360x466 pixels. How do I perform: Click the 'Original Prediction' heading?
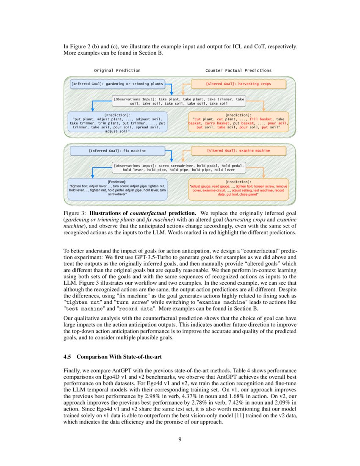pos(117,70)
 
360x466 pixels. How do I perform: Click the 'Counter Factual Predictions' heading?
pos(238,70)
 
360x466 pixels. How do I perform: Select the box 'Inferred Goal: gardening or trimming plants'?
pos(117,84)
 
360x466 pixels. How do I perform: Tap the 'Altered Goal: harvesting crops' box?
pos(238,84)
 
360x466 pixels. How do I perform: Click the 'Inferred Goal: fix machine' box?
pos(117,150)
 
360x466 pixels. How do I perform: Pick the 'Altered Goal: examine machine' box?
pos(238,150)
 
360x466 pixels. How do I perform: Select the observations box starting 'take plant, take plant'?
pos(179,101)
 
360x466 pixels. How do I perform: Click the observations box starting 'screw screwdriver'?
pos(179,167)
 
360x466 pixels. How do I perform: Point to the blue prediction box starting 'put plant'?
pos(117,122)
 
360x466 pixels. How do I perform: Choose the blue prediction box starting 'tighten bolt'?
pos(117,188)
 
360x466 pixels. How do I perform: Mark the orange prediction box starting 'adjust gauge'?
pos(238,188)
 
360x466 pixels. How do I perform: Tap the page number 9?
pos(180,439)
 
